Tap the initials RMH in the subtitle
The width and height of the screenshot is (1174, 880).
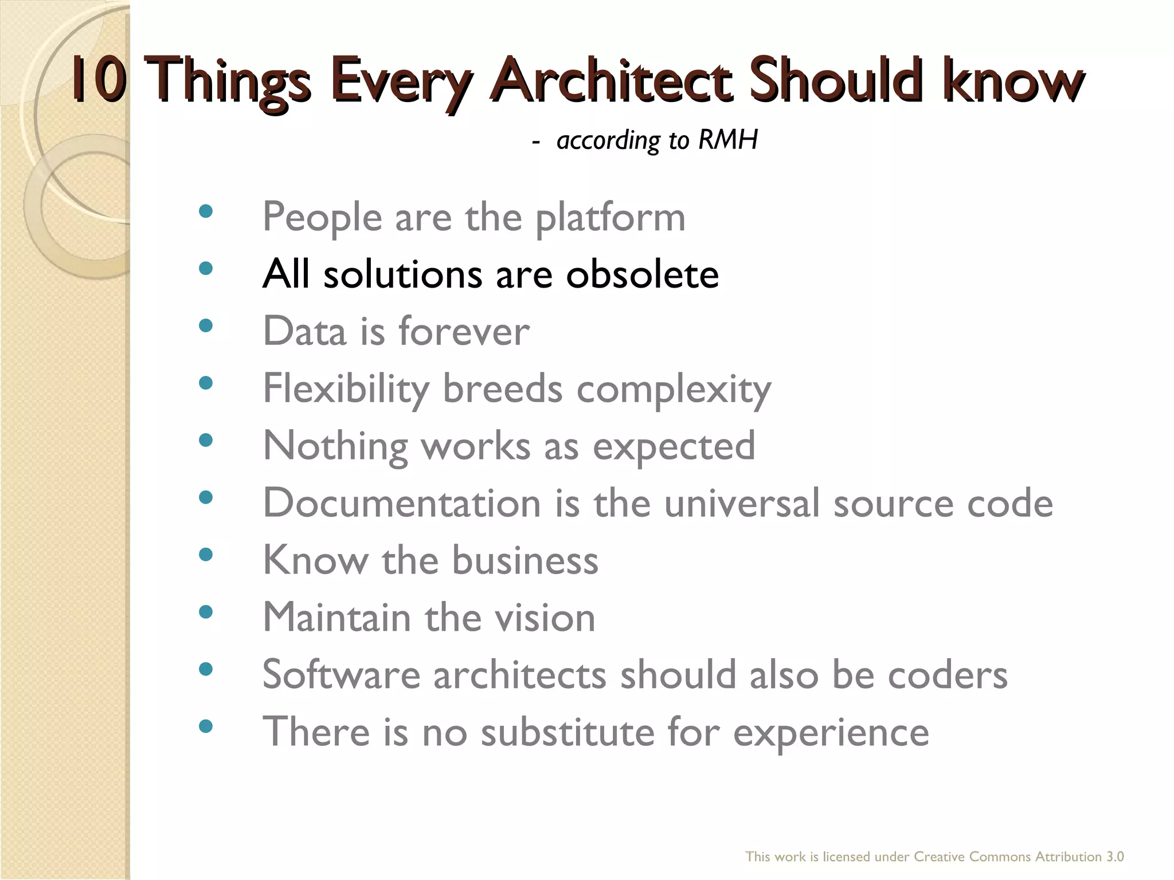pos(728,140)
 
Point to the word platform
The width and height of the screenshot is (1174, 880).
pos(610,218)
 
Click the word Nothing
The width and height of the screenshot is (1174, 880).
pos(335,446)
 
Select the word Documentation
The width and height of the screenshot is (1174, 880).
pos(401,503)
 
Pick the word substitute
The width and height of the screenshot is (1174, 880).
pos(567,732)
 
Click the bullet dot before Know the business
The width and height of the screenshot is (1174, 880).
pos(205,555)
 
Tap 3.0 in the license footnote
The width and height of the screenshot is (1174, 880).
pos(1115,857)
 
